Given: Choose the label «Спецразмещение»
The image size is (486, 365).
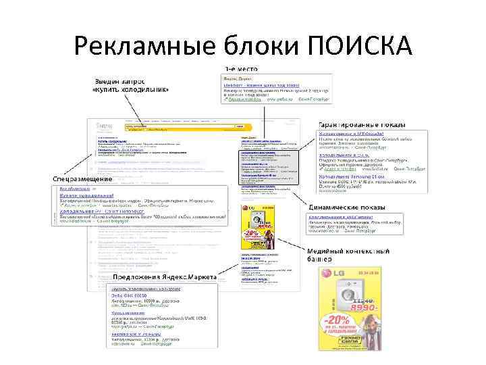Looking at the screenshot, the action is point(80,178).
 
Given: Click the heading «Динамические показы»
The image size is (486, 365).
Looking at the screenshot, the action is point(347,206).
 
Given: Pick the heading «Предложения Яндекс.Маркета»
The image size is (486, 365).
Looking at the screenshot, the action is point(165,277).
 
